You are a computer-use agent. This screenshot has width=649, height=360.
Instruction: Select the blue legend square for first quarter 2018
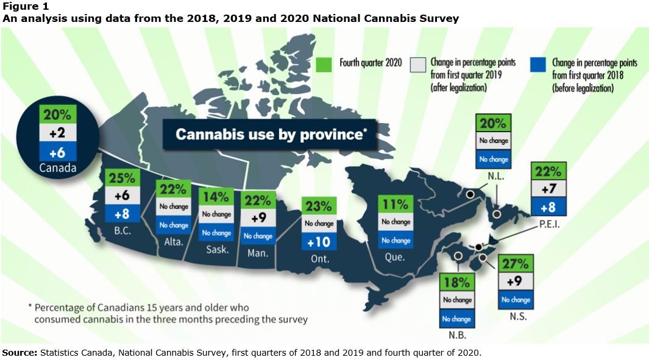point(537,65)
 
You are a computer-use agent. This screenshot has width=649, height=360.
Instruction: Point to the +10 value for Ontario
point(317,241)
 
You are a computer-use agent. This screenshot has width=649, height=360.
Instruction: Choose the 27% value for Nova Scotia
point(516,265)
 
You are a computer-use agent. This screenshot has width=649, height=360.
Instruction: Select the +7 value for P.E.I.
point(549,189)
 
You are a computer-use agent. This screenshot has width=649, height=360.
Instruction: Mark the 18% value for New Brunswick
point(457,283)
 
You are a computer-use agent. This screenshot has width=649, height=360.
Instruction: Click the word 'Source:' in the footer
point(20,353)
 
